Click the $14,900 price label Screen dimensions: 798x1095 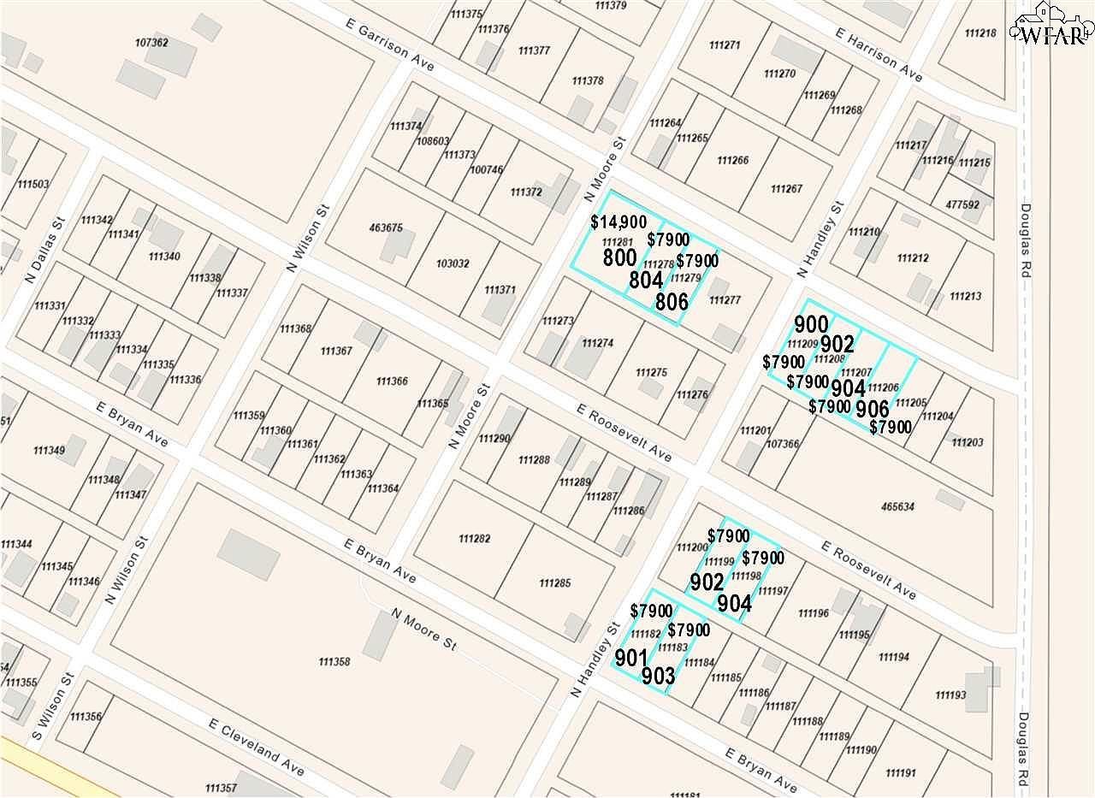pos(618,222)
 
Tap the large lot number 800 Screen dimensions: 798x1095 pos(619,258)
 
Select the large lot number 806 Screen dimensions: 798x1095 pos(672,301)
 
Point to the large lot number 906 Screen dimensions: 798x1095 pos(873,408)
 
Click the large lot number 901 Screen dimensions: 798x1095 pos(631,658)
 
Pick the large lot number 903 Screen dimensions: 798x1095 pos(658,677)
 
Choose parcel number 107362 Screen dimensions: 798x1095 pos(151,43)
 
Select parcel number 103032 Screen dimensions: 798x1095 pos(451,264)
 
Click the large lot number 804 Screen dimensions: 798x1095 pos(646,280)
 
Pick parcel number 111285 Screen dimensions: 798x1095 pos(555,583)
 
